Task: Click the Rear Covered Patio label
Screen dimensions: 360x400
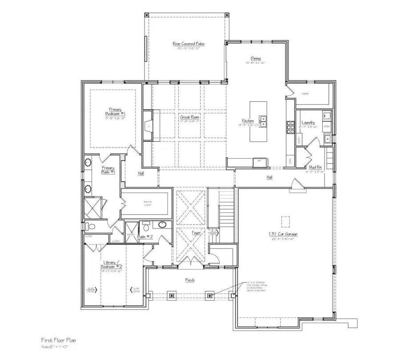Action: (x=185, y=44)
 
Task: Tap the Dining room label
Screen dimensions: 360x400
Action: (x=255, y=59)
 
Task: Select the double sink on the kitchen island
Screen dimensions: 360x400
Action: (x=263, y=119)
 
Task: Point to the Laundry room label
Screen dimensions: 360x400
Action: (x=308, y=122)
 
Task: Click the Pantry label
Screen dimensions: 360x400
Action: (x=305, y=94)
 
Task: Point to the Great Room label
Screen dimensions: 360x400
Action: (x=188, y=118)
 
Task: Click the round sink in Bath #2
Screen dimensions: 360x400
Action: (x=162, y=224)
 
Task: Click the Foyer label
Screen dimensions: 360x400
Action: (x=196, y=232)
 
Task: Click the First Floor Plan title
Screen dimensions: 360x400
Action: (x=53, y=340)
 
